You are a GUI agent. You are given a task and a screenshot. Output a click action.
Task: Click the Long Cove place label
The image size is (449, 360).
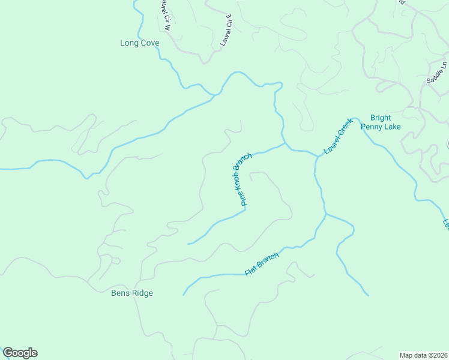(x=139, y=43)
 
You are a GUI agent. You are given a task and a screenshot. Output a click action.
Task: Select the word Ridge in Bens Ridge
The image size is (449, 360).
(x=142, y=293)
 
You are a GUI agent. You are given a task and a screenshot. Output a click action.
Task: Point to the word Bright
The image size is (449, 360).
(x=381, y=118)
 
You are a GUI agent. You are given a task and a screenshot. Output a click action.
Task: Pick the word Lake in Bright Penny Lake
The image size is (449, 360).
(x=392, y=127)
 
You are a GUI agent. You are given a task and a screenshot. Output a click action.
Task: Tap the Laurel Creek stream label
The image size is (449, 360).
(x=337, y=136)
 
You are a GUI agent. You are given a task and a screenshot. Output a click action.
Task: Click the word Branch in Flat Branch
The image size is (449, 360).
(x=268, y=260)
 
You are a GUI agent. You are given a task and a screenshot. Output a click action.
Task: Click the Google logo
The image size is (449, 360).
(x=20, y=353)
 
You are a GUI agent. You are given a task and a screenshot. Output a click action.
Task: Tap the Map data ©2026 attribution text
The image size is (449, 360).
(x=423, y=355)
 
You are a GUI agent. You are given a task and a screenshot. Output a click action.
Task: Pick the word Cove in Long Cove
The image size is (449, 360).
(x=149, y=43)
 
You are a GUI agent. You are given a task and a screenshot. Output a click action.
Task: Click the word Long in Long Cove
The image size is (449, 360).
(x=129, y=43)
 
